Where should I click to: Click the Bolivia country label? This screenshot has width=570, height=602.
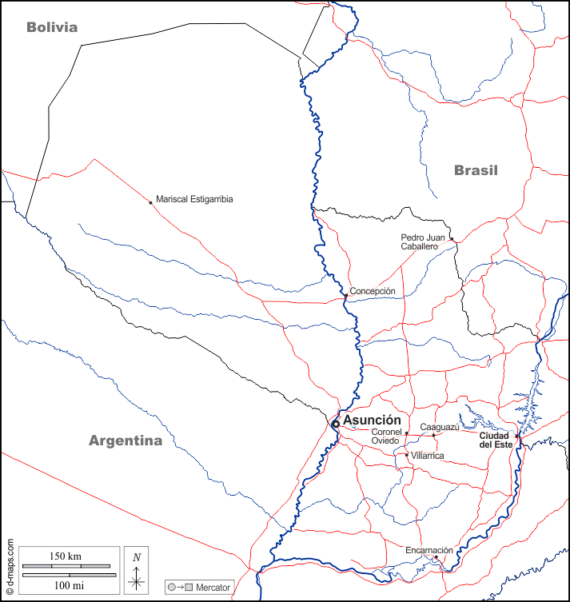pyautogui.click(x=52, y=27)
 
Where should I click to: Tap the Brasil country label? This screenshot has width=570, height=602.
pyautogui.click(x=476, y=170)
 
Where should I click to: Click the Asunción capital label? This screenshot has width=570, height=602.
pyautogui.click(x=372, y=420)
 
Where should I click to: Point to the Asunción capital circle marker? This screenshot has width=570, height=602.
pyautogui.click(x=336, y=424)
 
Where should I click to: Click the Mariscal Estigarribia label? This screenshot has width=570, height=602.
pyautogui.click(x=194, y=199)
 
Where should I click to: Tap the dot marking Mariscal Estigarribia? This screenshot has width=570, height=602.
pyautogui.click(x=150, y=202)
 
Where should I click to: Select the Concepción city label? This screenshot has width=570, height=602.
pyautogui.click(x=373, y=291)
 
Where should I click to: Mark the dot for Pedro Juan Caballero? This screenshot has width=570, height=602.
pyautogui.click(x=451, y=239)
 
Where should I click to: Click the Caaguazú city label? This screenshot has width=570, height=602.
pyautogui.click(x=440, y=427)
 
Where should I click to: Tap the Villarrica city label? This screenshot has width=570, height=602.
pyautogui.click(x=427, y=456)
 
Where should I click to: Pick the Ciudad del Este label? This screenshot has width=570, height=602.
pyautogui.click(x=496, y=440)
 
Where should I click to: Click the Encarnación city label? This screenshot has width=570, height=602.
pyautogui.click(x=429, y=550)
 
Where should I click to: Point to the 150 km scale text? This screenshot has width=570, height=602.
pyautogui.click(x=66, y=556)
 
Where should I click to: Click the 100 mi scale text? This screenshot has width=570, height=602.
pyautogui.click(x=66, y=587)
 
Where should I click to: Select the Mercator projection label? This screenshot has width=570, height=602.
pyautogui.click(x=213, y=588)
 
